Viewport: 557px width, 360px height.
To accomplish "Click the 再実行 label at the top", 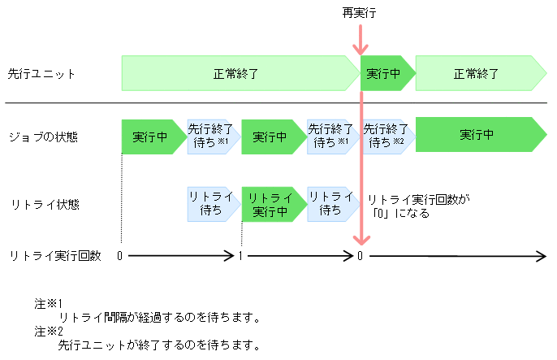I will pyautogui.click(x=359, y=14).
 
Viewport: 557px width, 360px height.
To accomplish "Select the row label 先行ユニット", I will pyautogui.click(x=41, y=74).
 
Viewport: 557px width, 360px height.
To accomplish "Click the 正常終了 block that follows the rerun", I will pyautogui.click(x=479, y=74).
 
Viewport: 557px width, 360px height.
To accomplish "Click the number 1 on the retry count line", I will pyautogui.click(x=241, y=256).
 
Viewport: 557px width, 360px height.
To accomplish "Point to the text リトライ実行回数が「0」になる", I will pyautogui.click(x=418, y=206).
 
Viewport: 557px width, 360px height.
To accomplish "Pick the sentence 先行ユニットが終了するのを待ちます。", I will pyautogui.click(x=159, y=345).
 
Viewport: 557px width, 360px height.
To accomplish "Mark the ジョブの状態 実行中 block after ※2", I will pyautogui.click(x=479, y=136).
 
